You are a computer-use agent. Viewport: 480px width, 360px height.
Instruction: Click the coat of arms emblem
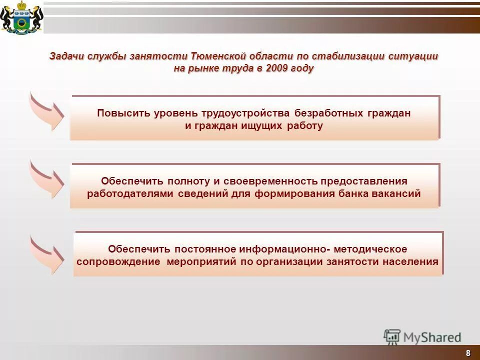[21, 17]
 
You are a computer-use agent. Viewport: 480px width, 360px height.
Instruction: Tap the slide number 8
[468, 353]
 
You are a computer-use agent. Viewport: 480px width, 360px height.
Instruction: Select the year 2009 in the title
[277, 68]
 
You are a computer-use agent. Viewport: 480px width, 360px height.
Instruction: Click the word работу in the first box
[305, 126]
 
